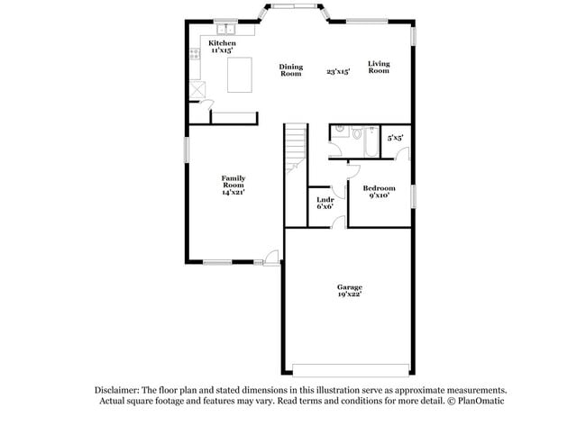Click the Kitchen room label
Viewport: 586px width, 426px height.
point(222,43)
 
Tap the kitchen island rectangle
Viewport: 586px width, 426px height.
point(241,74)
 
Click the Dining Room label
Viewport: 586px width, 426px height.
point(290,69)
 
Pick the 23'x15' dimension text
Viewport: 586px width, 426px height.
point(338,70)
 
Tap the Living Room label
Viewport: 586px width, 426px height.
point(379,67)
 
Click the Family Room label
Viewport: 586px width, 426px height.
point(233,181)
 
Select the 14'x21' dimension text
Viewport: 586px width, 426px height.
point(233,192)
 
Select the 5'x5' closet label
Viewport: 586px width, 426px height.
point(395,138)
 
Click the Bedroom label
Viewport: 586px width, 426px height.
point(379,188)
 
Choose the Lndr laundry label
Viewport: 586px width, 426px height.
point(325,199)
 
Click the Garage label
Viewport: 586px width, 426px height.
point(350,286)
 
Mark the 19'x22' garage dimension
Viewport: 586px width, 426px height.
point(350,295)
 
